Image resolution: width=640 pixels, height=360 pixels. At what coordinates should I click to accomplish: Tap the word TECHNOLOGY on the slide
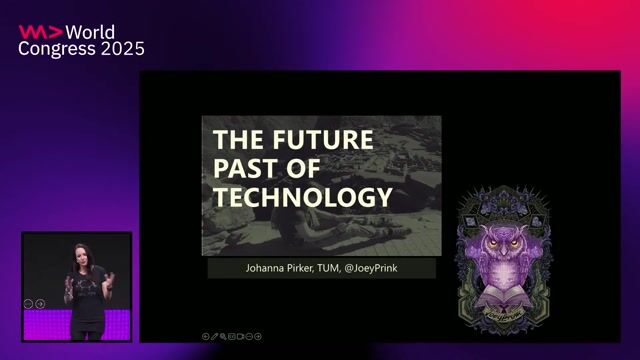(x=302, y=197)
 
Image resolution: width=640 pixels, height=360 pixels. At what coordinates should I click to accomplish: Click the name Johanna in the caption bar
(x=269, y=269)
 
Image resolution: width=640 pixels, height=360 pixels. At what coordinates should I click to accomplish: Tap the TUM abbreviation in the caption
(x=345, y=269)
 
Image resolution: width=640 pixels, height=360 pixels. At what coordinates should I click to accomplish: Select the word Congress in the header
(x=55, y=49)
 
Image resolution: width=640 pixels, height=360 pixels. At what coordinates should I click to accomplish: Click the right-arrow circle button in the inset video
(x=40, y=303)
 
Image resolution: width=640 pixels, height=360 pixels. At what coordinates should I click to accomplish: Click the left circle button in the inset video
(x=29, y=303)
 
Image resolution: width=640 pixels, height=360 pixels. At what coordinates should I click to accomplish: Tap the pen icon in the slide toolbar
(x=214, y=336)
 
